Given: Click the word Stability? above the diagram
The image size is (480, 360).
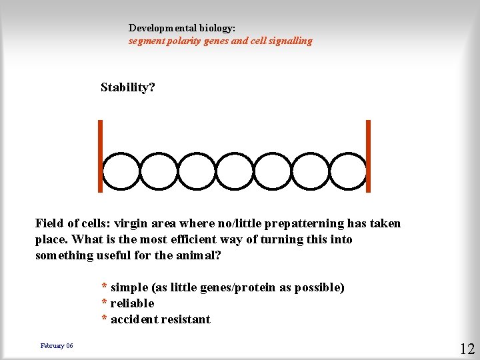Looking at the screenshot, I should pyautogui.click(x=127, y=87).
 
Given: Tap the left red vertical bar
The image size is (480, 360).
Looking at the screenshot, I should pyautogui.click(x=100, y=156).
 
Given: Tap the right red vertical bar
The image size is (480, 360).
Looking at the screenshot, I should pyautogui.click(x=368, y=156).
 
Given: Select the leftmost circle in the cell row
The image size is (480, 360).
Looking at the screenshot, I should pyautogui.click(x=122, y=172).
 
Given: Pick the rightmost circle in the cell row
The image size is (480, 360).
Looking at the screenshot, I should pyautogui.click(x=349, y=172).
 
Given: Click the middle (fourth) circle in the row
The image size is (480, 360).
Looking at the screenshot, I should pyautogui.click(x=235, y=172).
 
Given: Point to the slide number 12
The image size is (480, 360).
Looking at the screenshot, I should pyautogui.click(x=467, y=348).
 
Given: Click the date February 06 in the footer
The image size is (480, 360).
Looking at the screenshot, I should pyautogui.click(x=57, y=345).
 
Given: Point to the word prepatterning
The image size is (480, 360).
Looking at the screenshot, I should pyautogui.click(x=303, y=223).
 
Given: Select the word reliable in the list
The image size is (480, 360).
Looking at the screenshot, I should pyautogui.click(x=132, y=303).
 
